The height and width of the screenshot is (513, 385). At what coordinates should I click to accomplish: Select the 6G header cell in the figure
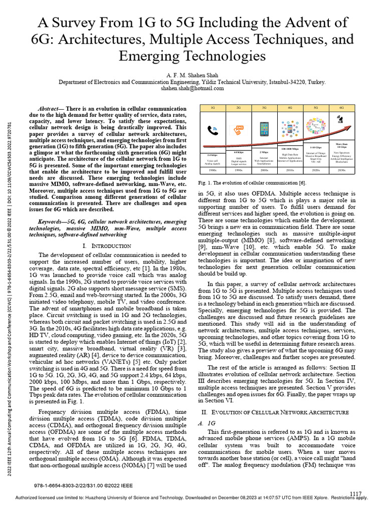[342, 108]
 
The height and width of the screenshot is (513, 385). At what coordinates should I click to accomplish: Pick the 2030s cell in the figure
[342, 170]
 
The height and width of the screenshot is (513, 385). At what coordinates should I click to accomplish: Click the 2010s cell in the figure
[290, 170]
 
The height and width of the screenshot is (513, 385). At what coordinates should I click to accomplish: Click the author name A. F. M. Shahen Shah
[192, 74]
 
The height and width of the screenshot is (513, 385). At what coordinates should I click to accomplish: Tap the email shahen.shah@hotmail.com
[192, 88]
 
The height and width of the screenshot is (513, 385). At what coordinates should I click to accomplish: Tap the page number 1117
[355, 494]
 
